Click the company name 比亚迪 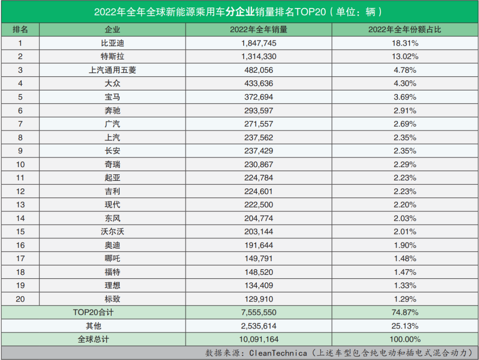(112, 43)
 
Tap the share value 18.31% (404, 43)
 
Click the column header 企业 (112, 30)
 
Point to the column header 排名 (20, 30)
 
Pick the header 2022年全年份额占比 (404, 30)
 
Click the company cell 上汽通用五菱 (112, 70)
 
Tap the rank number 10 (20, 164)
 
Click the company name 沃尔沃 (112, 231)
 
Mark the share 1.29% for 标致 (404, 299)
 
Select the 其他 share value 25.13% (404, 326)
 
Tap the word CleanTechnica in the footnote (278, 353)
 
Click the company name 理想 (112, 286)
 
